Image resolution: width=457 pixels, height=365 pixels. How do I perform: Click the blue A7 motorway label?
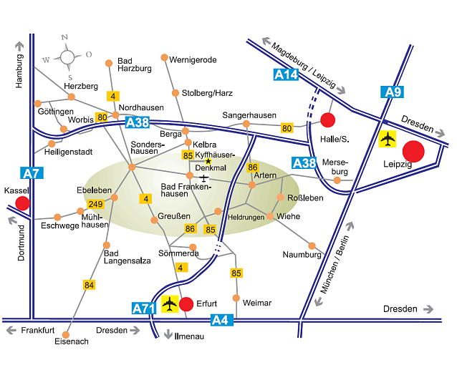[x=32, y=173]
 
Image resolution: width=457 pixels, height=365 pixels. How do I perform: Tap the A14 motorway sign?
[x=286, y=74]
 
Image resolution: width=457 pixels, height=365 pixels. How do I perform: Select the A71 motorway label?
[x=144, y=308]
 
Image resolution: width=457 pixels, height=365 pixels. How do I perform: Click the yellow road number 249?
[x=95, y=204]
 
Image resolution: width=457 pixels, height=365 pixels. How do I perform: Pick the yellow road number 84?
[x=89, y=285]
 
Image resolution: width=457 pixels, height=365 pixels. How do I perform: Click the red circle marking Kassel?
[x=22, y=203]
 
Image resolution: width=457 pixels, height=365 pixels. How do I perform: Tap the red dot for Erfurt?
[x=186, y=304]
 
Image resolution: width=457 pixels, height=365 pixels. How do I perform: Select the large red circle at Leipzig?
[x=413, y=151]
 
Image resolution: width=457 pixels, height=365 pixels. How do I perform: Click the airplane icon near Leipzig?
[x=388, y=139]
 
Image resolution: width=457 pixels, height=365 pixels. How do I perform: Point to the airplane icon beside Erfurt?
[x=170, y=304]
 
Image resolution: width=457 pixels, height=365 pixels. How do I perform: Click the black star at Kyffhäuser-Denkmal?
[x=208, y=161]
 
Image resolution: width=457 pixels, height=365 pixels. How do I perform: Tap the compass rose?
[x=67, y=57]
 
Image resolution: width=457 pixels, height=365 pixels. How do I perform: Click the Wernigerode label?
[x=193, y=60]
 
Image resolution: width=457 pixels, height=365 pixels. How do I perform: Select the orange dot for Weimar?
[x=236, y=298]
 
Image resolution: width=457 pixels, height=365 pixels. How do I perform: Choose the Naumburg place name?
[x=302, y=255]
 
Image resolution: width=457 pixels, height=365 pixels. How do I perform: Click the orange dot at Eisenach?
[x=66, y=335]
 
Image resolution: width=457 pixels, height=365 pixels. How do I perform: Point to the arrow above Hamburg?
[x=19, y=46]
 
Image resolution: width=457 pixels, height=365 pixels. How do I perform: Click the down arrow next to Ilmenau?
[x=168, y=334]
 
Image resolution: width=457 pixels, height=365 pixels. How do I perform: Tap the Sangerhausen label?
[x=249, y=115]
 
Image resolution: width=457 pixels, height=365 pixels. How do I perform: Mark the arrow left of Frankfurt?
[x=11, y=331]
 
